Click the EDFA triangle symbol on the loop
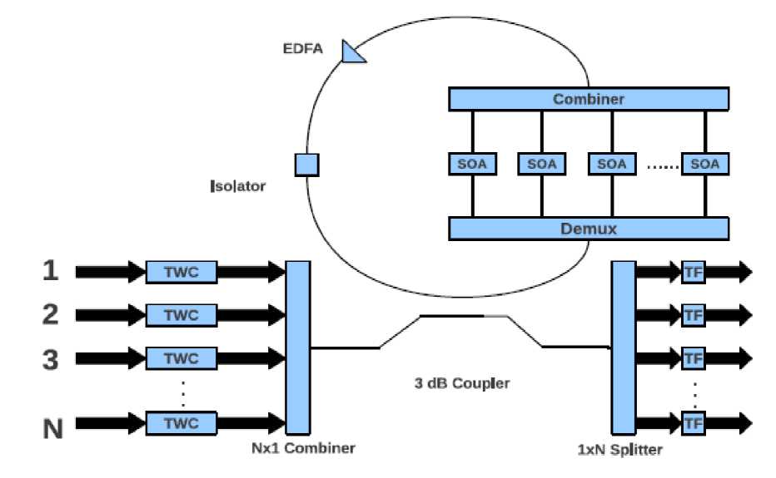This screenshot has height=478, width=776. pos(353,52)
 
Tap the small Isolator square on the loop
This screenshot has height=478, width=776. pos(306,165)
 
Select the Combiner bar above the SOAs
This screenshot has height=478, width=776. pos(589,100)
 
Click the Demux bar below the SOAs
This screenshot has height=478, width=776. pos(589,228)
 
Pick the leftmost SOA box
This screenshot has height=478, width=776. pos(472,164)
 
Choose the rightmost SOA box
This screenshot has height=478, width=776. pos(704,164)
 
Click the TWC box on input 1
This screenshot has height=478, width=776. pos(182,271)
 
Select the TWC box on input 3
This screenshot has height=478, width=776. pos(182,358)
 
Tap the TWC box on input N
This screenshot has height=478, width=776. pos(182,421)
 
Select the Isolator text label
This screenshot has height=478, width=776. pos(238,186)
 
